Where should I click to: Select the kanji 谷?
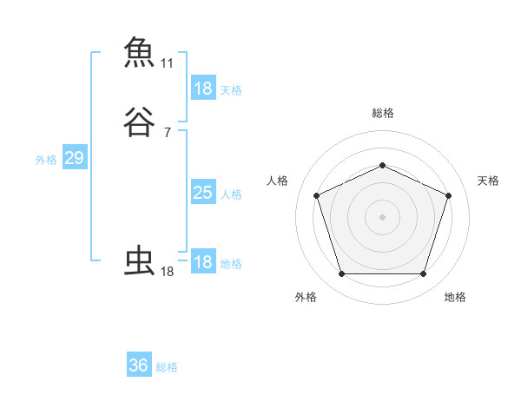139,122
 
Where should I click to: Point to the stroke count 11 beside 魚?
167,63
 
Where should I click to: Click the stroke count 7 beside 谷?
167,133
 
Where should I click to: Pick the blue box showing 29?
74,158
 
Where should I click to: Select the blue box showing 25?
202,193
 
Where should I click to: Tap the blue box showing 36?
138,365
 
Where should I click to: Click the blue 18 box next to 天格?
202,89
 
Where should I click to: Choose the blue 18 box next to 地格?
202,262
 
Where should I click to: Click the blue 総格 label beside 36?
167,367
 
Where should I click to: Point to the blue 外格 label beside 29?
46,160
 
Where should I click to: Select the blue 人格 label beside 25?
231,194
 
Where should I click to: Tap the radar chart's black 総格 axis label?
382,113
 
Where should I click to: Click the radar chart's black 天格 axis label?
488,181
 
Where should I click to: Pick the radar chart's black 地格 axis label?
455,297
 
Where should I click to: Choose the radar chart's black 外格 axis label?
306,297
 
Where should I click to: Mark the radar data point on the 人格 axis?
316,194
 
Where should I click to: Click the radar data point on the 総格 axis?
382,165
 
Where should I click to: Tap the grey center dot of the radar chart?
382,216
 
